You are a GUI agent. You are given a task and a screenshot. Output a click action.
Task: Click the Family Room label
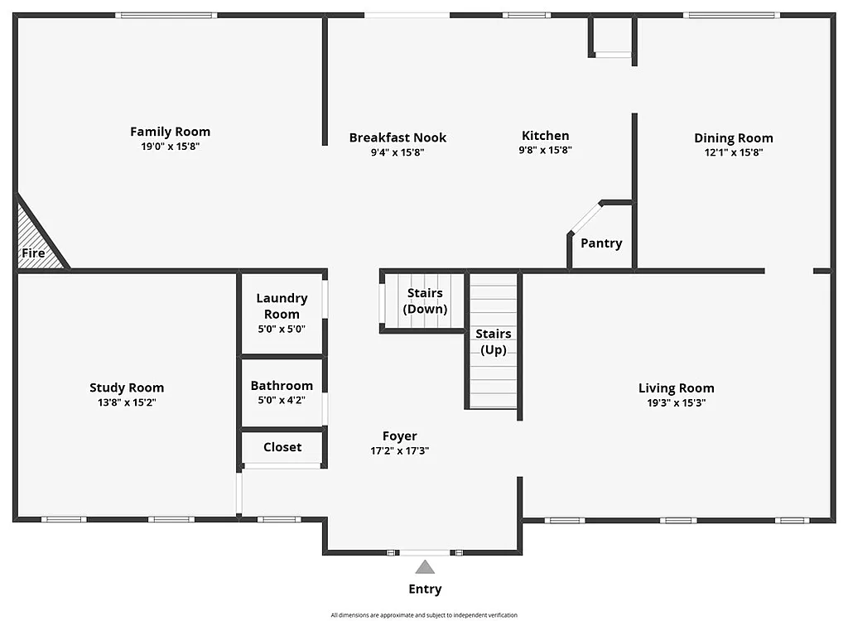[170, 132]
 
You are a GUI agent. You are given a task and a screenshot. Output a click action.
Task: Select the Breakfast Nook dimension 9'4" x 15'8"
[397, 152]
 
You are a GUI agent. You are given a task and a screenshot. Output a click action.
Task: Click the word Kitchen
[545, 136]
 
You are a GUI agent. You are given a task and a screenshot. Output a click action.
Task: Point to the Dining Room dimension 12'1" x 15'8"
[733, 152]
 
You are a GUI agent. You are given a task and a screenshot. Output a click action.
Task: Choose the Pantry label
[601, 243]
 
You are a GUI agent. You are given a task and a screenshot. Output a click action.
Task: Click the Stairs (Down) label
[425, 301]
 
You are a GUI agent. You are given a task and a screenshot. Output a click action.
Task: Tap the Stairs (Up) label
[493, 341]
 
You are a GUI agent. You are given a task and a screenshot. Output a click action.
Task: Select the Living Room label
[676, 388]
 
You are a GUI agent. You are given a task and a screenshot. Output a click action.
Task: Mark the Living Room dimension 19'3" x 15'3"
[676, 403]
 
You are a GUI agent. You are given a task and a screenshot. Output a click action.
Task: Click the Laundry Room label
[282, 306]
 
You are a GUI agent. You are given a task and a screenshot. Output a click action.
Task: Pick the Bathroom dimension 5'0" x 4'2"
[282, 401]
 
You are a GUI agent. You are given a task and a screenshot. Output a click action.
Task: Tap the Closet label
[282, 447]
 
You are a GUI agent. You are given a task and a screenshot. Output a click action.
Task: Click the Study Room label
[127, 388]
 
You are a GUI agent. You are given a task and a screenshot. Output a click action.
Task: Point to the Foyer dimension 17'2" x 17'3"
[399, 451]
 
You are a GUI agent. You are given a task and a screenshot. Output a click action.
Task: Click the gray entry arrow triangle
[425, 568]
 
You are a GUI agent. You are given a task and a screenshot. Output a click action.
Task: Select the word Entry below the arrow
[425, 590]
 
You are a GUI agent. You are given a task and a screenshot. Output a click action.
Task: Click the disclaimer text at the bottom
[424, 615]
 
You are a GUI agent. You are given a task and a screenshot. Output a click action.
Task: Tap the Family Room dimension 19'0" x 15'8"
[170, 147]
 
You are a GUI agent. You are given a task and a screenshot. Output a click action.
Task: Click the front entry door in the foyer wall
[425, 552]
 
